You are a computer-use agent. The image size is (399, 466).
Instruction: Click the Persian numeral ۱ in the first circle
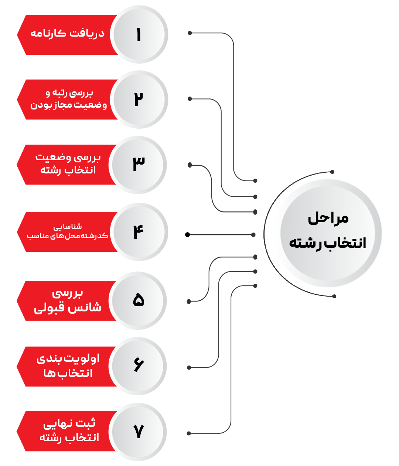tap(139, 34)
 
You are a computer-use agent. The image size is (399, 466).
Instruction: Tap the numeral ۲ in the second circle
tap(139, 99)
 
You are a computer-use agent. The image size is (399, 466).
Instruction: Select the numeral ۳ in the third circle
tap(139, 164)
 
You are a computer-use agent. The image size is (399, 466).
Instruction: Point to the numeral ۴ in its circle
tap(139, 232)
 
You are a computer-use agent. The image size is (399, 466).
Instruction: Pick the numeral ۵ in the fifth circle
tap(139, 300)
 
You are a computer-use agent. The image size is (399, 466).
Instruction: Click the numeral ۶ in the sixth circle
tap(139, 365)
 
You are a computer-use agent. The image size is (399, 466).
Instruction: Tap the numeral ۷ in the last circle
tap(139, 431)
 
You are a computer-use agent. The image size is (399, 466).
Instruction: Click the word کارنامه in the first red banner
tap(48, 33)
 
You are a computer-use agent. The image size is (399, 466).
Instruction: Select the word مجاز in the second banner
tap(64, 105)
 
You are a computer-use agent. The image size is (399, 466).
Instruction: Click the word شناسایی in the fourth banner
tap(68, 227)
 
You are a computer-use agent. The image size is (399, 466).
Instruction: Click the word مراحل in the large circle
tap(328, 219)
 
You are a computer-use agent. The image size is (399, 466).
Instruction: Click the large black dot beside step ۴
tap(187, 235)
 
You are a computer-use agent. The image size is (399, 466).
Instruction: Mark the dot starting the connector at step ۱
tap(190, 33)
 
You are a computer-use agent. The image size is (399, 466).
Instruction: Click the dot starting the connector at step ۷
tap(189, 433)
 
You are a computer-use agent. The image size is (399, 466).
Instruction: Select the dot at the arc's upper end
tap(332, 172)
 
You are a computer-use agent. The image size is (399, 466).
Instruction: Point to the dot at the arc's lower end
tap(334, 296)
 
